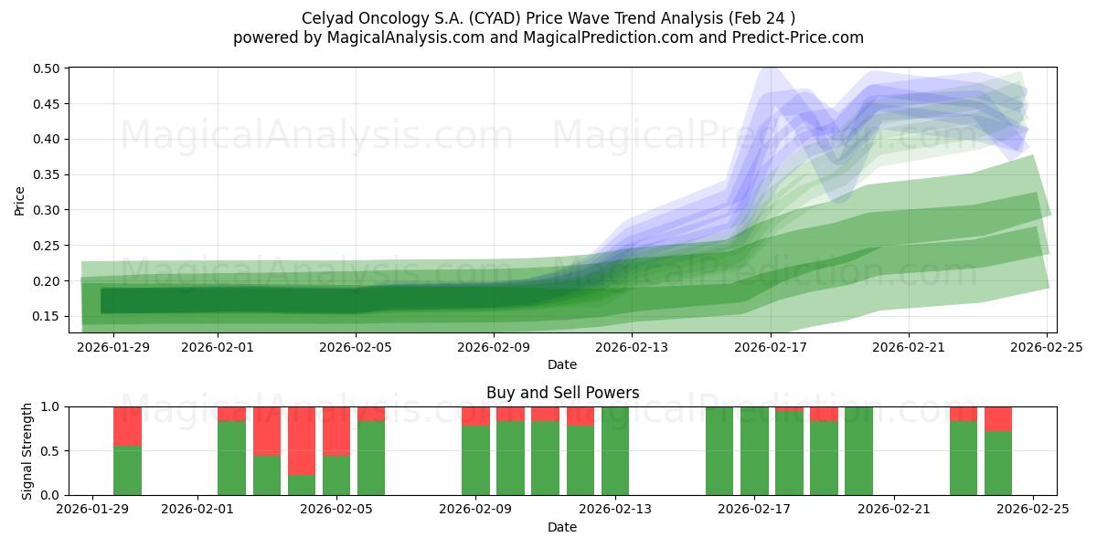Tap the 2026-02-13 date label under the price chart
(632, 346)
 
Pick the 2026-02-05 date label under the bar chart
(336, 509)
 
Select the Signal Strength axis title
(27, 450)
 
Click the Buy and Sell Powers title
(561, 393)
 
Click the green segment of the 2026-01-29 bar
(127, 470)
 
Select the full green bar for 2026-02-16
(719, 451)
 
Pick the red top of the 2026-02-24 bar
(998, 418)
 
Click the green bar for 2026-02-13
(615, 451)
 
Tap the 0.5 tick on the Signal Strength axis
(52, 451)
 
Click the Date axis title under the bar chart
(561, 527)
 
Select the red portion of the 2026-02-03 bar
(267, 430)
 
